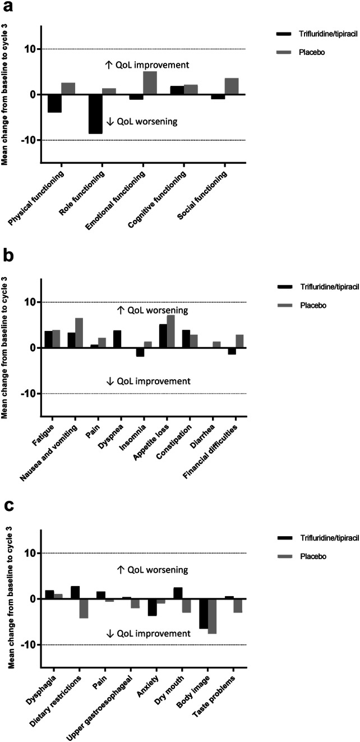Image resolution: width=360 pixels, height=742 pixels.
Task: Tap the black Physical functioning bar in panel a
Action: (x=54, y=104)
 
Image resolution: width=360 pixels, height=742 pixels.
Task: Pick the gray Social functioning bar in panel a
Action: (x=232, y=86)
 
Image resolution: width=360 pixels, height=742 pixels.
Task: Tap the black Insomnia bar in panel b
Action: (x=140, y=352)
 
